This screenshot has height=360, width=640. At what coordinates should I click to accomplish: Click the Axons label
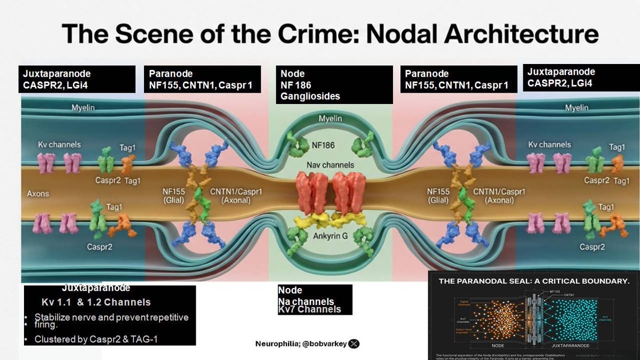coord(38,193)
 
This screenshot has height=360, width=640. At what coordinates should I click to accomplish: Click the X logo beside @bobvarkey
coord(354,343)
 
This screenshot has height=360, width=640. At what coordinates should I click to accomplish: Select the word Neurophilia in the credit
coord(276,343)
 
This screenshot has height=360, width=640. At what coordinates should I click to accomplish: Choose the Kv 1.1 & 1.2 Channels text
coord(96,302)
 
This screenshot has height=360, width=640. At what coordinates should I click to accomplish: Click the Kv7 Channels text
coord(309,309)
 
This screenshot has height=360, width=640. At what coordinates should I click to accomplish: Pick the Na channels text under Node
coord(306,302)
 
